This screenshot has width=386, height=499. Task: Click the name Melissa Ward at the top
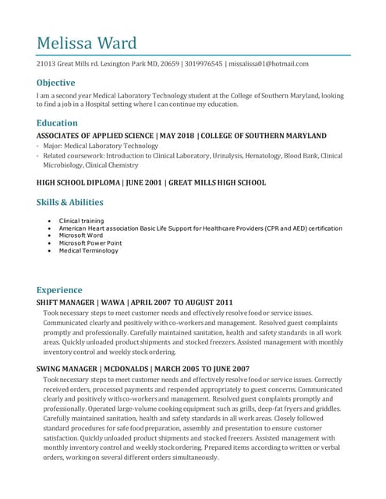point(87,42)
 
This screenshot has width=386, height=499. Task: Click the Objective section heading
point(55,83)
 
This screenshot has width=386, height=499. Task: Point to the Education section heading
point(57,122)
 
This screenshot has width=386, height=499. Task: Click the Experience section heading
point(59,289)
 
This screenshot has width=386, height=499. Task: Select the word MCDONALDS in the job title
point(129,369)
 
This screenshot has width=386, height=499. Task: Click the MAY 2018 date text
point(175,136)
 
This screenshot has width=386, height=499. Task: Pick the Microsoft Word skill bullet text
point(81,235)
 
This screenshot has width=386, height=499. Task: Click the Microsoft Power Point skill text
point(90,242)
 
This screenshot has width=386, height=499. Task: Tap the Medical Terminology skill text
point(89,250)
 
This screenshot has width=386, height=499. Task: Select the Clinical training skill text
point(81,221)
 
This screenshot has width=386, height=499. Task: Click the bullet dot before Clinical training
point(50,221)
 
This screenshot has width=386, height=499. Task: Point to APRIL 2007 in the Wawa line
point(150,302)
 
